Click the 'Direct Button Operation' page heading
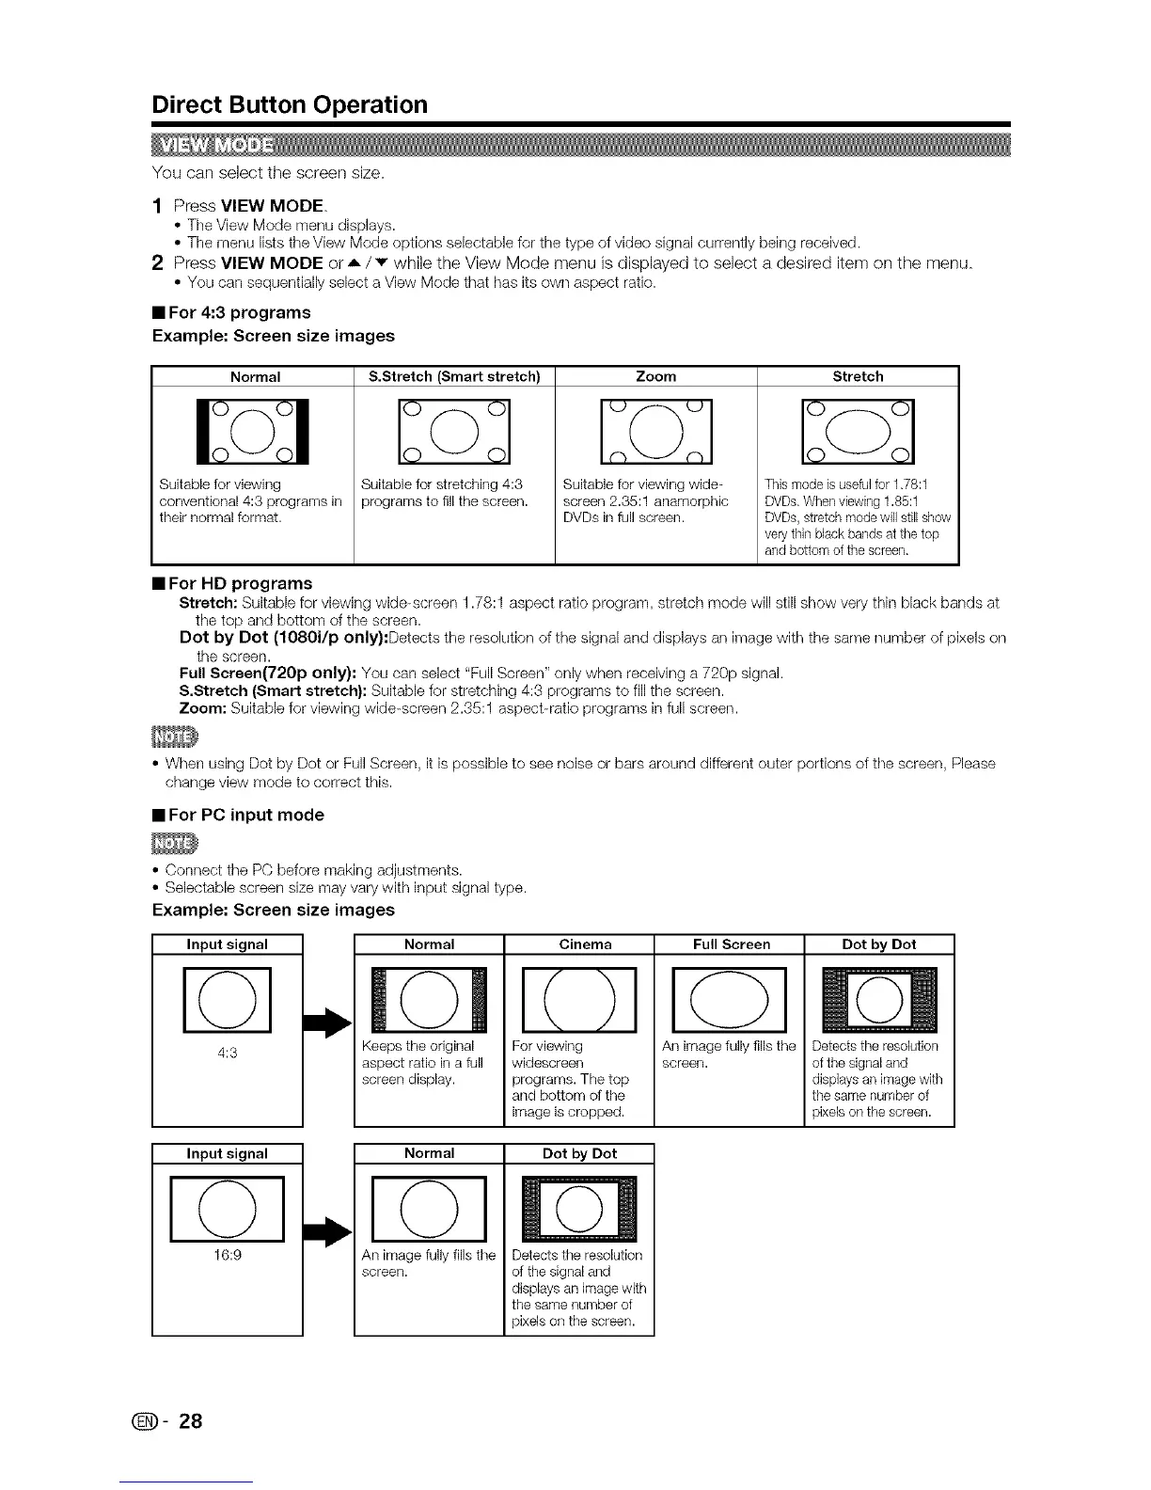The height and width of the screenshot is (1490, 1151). [x=290, y=104]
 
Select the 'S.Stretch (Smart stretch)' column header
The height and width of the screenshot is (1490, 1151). [x=454, y=376]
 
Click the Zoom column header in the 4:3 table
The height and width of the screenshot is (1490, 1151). [x=655, y=376]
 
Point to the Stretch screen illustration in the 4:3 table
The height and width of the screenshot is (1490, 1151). [x=857, y=432]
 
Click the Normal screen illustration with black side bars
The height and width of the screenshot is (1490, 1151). [x=253, y=432]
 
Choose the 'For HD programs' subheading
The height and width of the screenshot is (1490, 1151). [x=232, y=583]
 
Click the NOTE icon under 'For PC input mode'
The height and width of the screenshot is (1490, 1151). [x=169, y=840]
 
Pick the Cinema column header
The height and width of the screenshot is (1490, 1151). [x=585, y=944]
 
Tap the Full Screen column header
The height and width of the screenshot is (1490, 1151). [x=731, y=944]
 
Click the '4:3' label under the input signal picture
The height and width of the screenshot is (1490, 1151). [x=228, y=1054]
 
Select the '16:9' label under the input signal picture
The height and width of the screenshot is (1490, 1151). [x=228, y=1255]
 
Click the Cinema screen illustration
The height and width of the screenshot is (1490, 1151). [x=579, y=999]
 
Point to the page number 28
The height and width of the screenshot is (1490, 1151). [x=190, y=1420]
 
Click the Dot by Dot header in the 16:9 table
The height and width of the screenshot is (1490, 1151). [x=579, y=1153]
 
